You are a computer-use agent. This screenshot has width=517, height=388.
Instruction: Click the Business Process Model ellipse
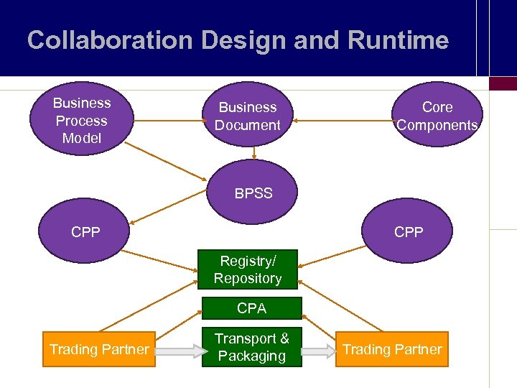coord(81,121)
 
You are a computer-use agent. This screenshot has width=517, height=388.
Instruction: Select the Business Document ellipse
coord(248,116)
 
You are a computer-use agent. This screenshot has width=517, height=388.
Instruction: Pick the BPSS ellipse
coord(253,193)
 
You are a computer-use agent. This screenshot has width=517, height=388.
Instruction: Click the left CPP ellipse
coord(85,231)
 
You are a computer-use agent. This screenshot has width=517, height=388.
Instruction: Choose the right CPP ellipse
coord(409,231)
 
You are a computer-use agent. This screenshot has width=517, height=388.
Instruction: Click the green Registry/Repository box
coord(247,270)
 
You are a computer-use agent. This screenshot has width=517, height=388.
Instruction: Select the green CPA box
coord(251,308)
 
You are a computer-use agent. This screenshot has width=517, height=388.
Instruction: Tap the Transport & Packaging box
coord(251,347)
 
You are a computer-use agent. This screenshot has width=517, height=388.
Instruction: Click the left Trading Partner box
coord(99,349)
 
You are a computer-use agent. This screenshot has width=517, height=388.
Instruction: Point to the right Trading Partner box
coord(391,349)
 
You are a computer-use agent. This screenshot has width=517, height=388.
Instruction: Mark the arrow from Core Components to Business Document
coord(342,121)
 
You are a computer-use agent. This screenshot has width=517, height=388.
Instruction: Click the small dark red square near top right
coord(502,83)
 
